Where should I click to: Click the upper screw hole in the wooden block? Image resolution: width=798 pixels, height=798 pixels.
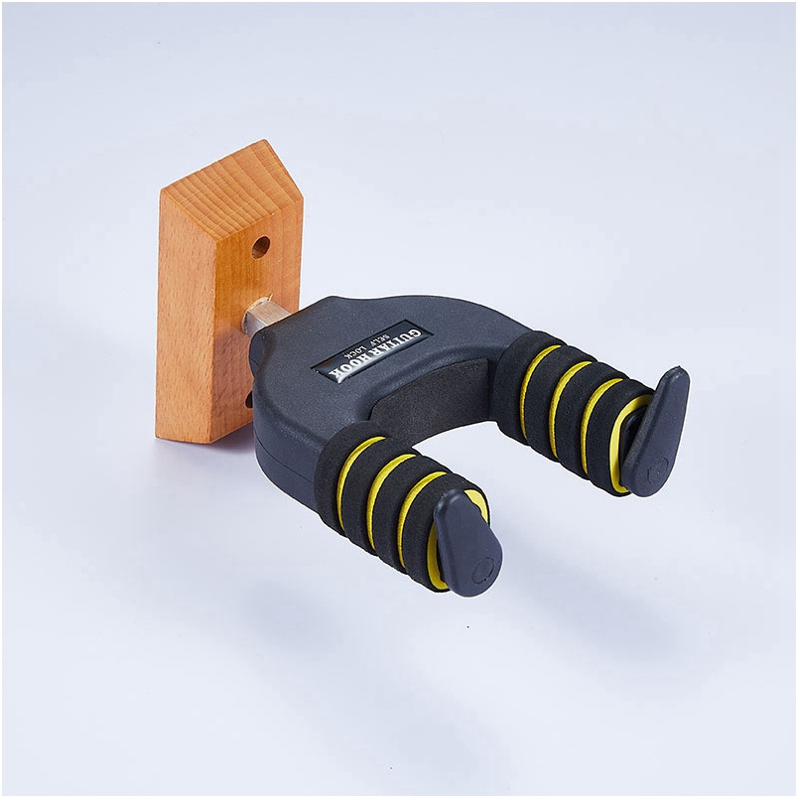(261, 247)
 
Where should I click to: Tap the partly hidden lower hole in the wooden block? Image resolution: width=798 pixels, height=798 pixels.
(249, 400)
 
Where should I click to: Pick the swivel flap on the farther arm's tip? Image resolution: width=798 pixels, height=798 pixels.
(657, 432)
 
